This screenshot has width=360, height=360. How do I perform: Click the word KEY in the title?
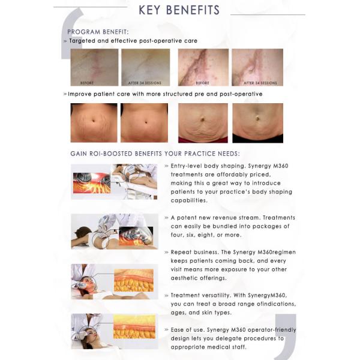(149, 10)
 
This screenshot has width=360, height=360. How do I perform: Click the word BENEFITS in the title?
(193, 10)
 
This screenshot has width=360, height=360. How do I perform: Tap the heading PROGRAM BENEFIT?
(98, 32)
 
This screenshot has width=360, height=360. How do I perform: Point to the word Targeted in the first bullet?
(82, 41)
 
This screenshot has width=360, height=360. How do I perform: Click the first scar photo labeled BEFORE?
(94, 67)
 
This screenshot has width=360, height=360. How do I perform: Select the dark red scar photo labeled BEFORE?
(203, 67)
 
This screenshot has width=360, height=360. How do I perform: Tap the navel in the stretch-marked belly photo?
(94, 121)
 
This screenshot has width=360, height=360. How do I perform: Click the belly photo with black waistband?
(257, 123)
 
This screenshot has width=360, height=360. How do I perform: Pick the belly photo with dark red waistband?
(203, 123)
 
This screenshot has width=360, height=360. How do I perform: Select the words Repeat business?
(194, 252)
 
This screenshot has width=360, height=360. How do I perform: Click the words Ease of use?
(187, 330)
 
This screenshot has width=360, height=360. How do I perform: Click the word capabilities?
(189, 200)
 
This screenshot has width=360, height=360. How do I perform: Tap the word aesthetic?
(184, 278)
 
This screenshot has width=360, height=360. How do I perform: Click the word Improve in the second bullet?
(80, 94)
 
